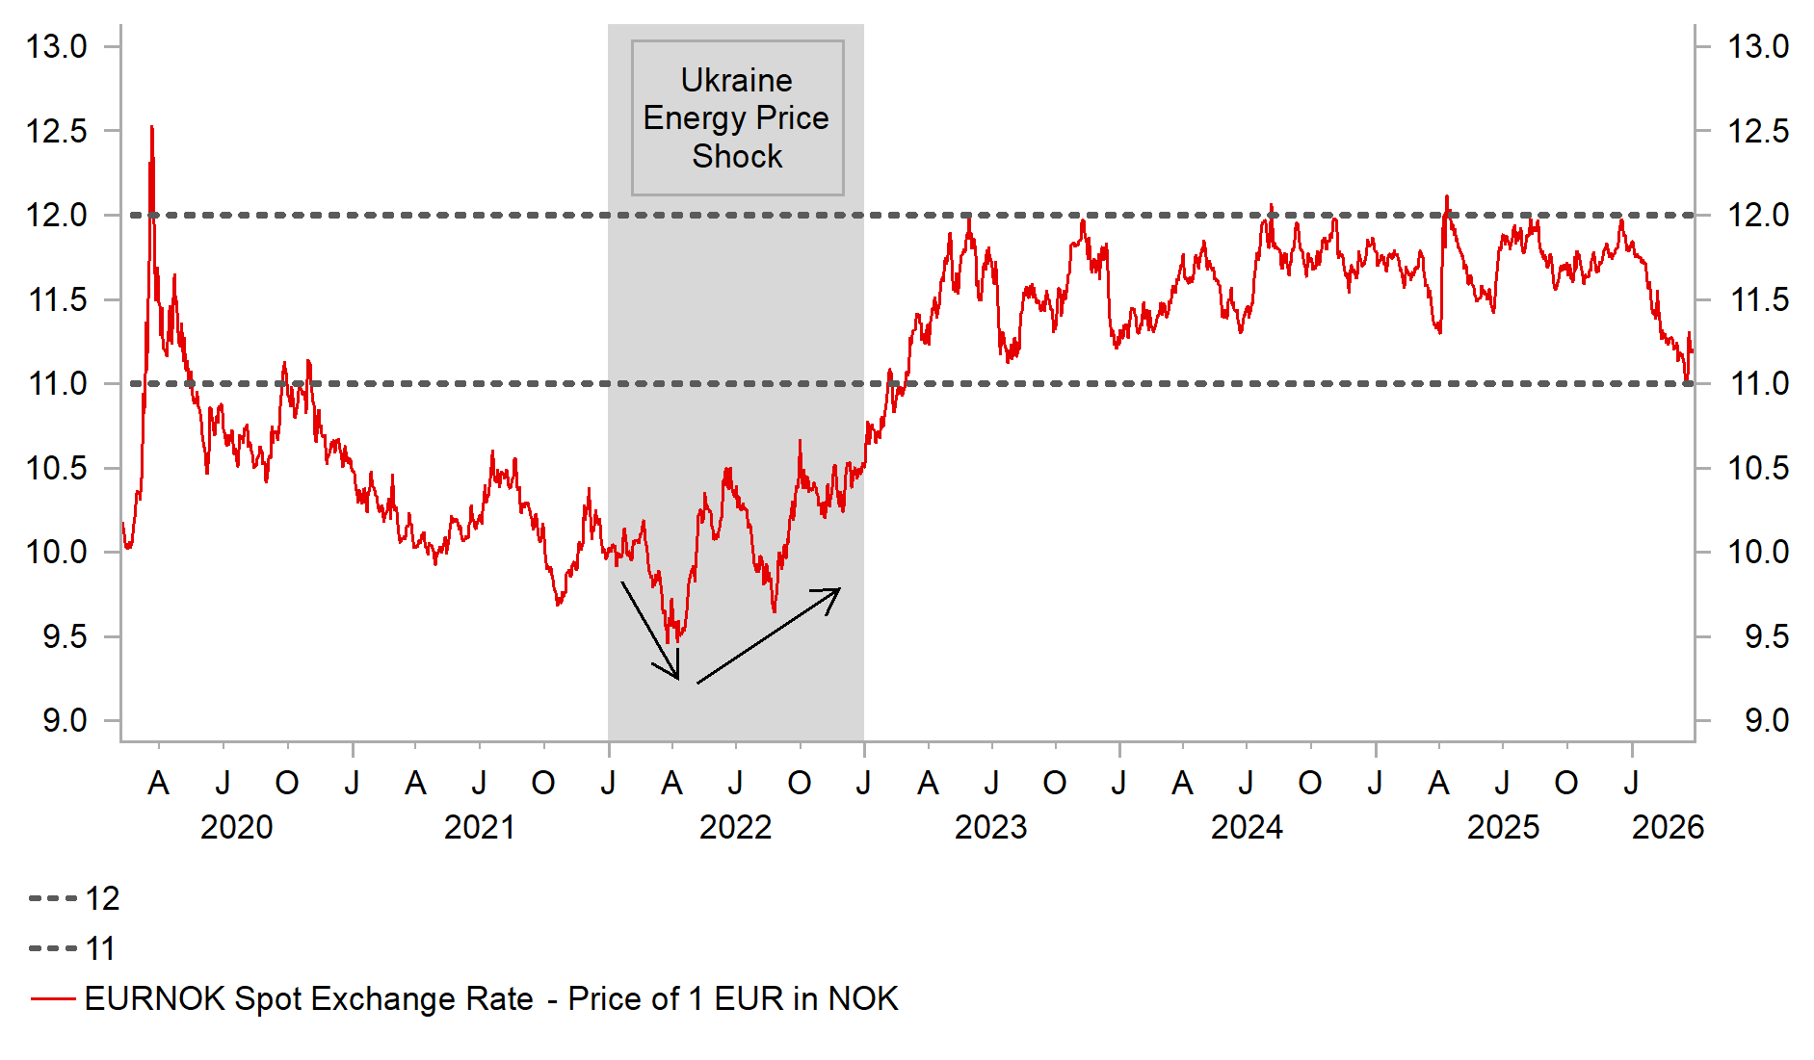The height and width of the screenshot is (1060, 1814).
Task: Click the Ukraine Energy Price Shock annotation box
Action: coord(737,117)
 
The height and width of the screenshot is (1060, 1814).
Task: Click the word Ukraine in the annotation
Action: coord(736,80)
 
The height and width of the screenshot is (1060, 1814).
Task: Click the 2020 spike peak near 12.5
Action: coord(151,127)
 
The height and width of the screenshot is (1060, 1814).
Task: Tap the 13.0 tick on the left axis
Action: coord(57,46)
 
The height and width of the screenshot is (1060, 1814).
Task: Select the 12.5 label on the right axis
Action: coord(1757,131)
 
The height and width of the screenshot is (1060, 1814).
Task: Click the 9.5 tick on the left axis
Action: coord(64,636)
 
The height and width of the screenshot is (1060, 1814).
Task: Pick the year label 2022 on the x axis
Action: coord(735,827)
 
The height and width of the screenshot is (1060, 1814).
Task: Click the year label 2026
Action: coord(1668,827)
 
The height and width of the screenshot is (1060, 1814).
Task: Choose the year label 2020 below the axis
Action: coord(236,827)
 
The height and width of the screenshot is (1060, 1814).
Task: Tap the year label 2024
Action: coord(1247,827)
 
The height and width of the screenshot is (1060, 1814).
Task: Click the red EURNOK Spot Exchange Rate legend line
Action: coord(53,998)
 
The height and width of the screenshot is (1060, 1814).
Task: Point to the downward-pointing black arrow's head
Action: coord(677,678)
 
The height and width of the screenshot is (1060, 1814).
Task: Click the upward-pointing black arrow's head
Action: coord(838,589)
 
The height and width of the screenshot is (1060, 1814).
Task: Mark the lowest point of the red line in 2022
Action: coord(668,642)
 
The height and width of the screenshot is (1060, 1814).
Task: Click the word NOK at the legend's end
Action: coord(863,998)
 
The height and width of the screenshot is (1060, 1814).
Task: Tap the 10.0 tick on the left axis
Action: coord(57,552)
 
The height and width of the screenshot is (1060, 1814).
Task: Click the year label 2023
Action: coord(990,827)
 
